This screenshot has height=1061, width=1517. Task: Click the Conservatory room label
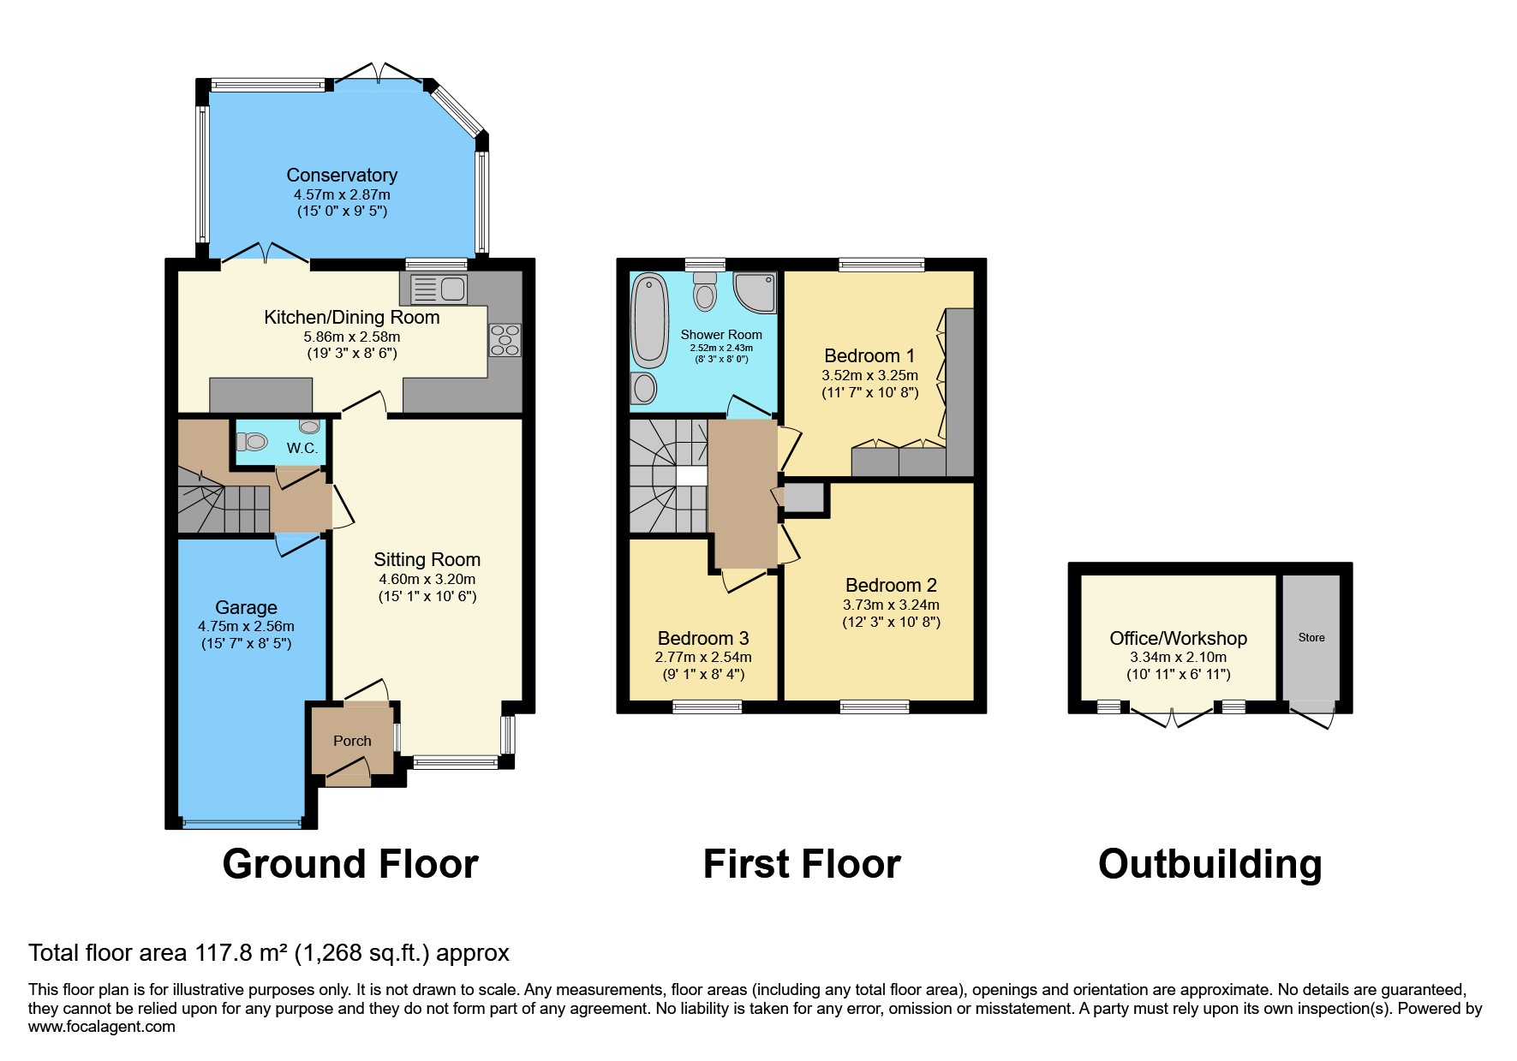[341, 175]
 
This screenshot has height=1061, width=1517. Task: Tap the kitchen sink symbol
[439, 289]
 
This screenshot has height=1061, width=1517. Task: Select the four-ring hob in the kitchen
[505, 339]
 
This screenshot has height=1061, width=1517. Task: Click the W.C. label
[302, 448]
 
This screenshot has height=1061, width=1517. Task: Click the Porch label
[352, 741]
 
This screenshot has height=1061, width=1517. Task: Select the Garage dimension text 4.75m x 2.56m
[246, 626]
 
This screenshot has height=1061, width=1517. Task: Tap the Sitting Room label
[427, 559]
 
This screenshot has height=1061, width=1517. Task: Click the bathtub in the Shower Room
[648, 320]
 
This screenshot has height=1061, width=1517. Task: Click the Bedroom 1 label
[869, 355]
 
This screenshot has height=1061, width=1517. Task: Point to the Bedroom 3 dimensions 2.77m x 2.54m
[702, 657]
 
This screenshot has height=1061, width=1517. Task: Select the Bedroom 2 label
[890, 585]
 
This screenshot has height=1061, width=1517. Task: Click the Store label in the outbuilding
[1311, 637]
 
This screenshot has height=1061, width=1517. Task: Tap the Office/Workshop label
[1178, 638]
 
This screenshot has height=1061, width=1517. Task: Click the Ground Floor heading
[349, 864]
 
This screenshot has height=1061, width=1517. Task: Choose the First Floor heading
[801, 864]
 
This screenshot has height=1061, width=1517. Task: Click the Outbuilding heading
[1209, 864]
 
